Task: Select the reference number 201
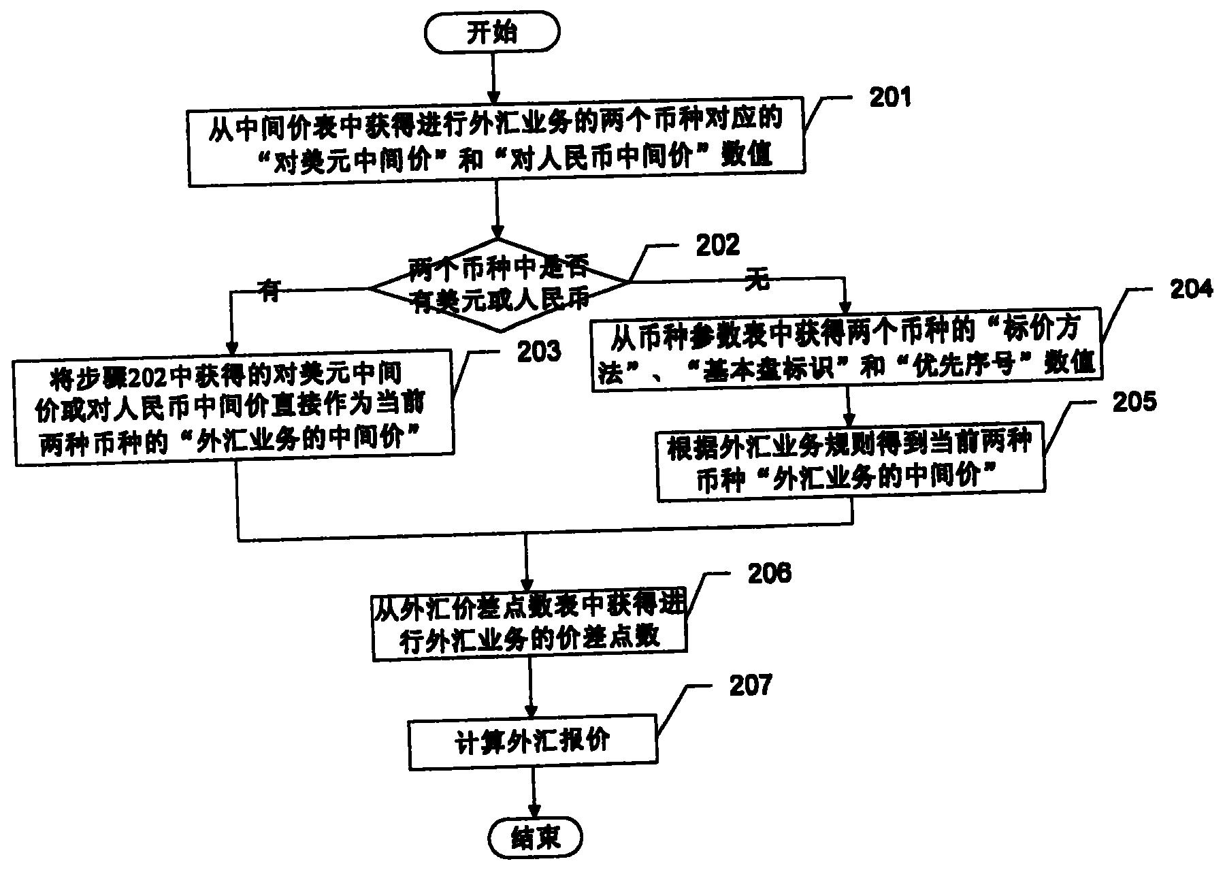pos(889,97)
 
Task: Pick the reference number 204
pos(1190,289)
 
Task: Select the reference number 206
pos(769,573)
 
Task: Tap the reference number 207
pos(750,686)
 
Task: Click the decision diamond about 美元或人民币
pos(499,286)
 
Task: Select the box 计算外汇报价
pos(532,742)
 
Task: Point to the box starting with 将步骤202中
pos(233,407)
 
